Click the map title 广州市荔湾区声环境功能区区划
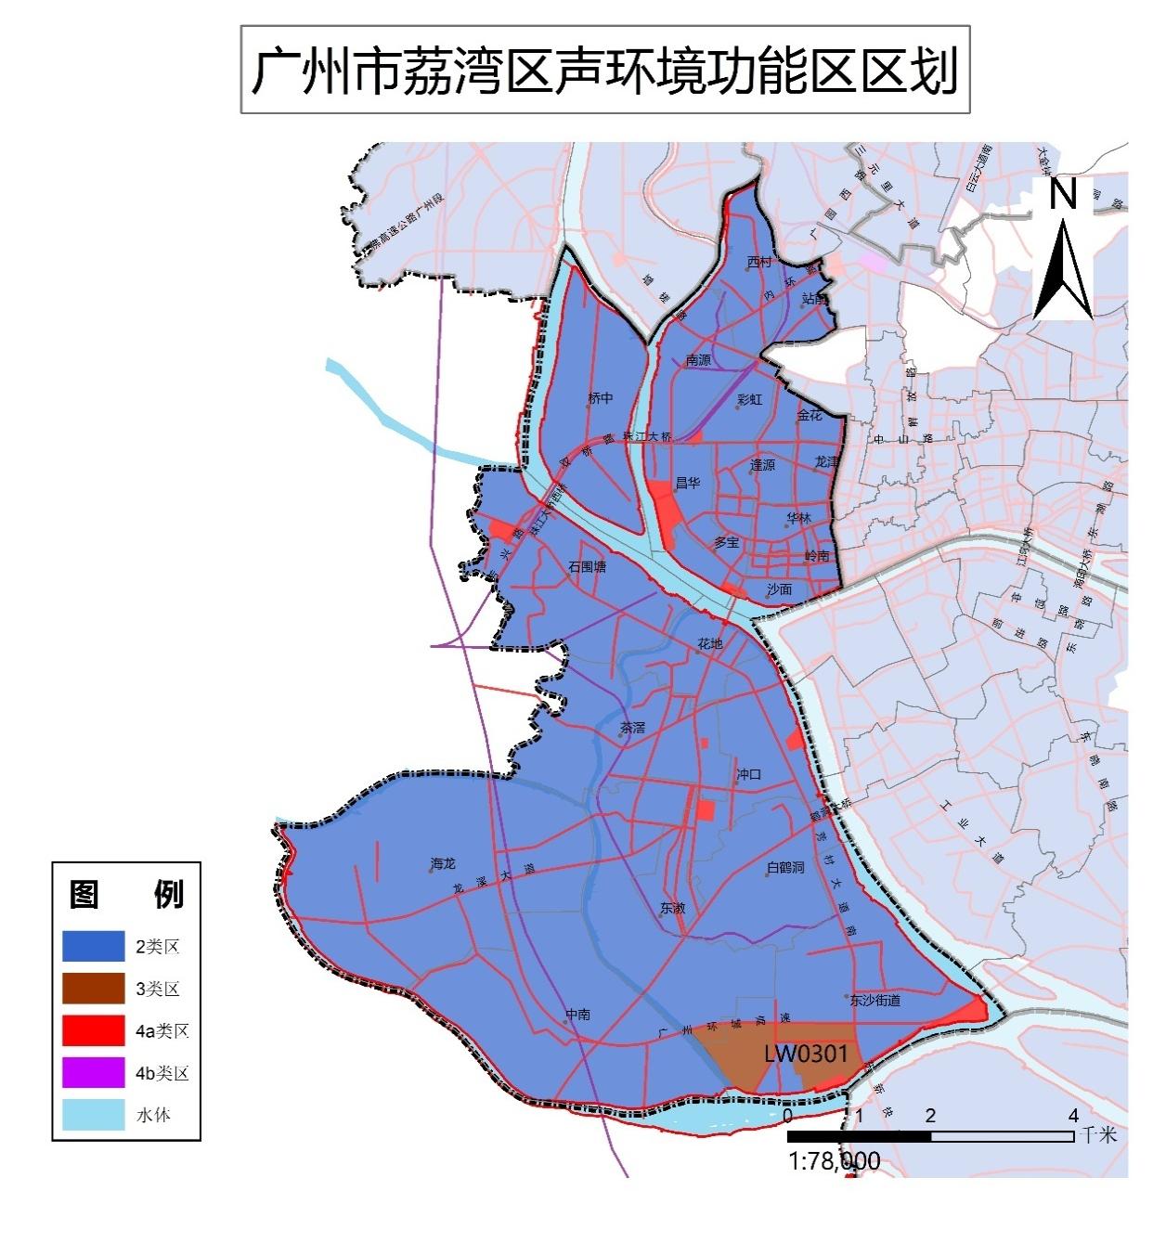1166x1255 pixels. [604, 71]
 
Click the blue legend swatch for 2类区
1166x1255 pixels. [93, 947]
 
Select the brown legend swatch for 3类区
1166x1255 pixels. [93, 989]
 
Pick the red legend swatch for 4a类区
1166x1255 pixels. [93, 1030]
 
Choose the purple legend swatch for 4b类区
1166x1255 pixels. [93, 1073]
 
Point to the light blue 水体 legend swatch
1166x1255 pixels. [93, 1115]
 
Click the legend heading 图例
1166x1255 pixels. [126, 894]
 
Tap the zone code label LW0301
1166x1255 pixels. [806, 1054]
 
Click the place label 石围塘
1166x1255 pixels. [587, 565]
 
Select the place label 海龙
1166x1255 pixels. [443, 864]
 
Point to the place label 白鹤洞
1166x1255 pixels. [785, 867]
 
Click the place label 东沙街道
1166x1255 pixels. [874, 1001]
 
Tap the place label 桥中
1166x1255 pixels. [601, 398]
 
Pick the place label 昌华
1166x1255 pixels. [687, 483]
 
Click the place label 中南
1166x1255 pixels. [577, 1014]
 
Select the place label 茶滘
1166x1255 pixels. [632, 728]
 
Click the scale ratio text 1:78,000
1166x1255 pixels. [834, 1161]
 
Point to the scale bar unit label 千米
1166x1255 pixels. [1100, 1135]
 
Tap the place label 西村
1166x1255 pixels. [759, 262]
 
